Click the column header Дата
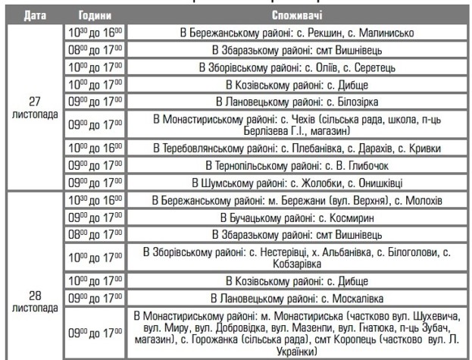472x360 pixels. (30, 14)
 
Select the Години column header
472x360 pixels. (90, 14)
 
